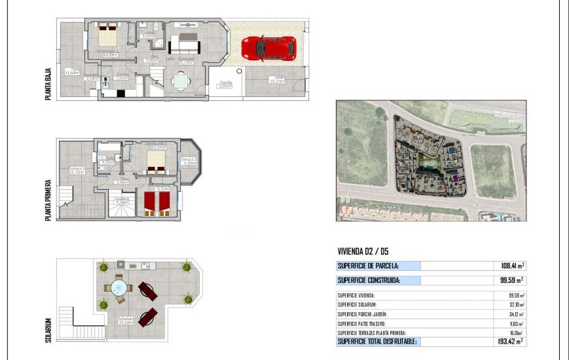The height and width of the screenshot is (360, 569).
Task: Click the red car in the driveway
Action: [268, 48]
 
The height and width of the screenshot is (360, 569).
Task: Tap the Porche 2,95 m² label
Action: [226, 84]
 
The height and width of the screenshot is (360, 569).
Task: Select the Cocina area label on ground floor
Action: [122, 76]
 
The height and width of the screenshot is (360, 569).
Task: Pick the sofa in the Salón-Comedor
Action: [185, 44]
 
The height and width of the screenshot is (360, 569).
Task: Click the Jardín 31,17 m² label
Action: [278, 80]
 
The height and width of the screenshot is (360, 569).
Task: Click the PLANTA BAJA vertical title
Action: [48, 81]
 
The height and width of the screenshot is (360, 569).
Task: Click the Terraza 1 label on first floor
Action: [76, 171]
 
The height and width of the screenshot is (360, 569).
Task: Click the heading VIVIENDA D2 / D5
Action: [362, 251]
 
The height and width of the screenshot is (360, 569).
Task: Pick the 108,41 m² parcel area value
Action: [509, 266]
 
